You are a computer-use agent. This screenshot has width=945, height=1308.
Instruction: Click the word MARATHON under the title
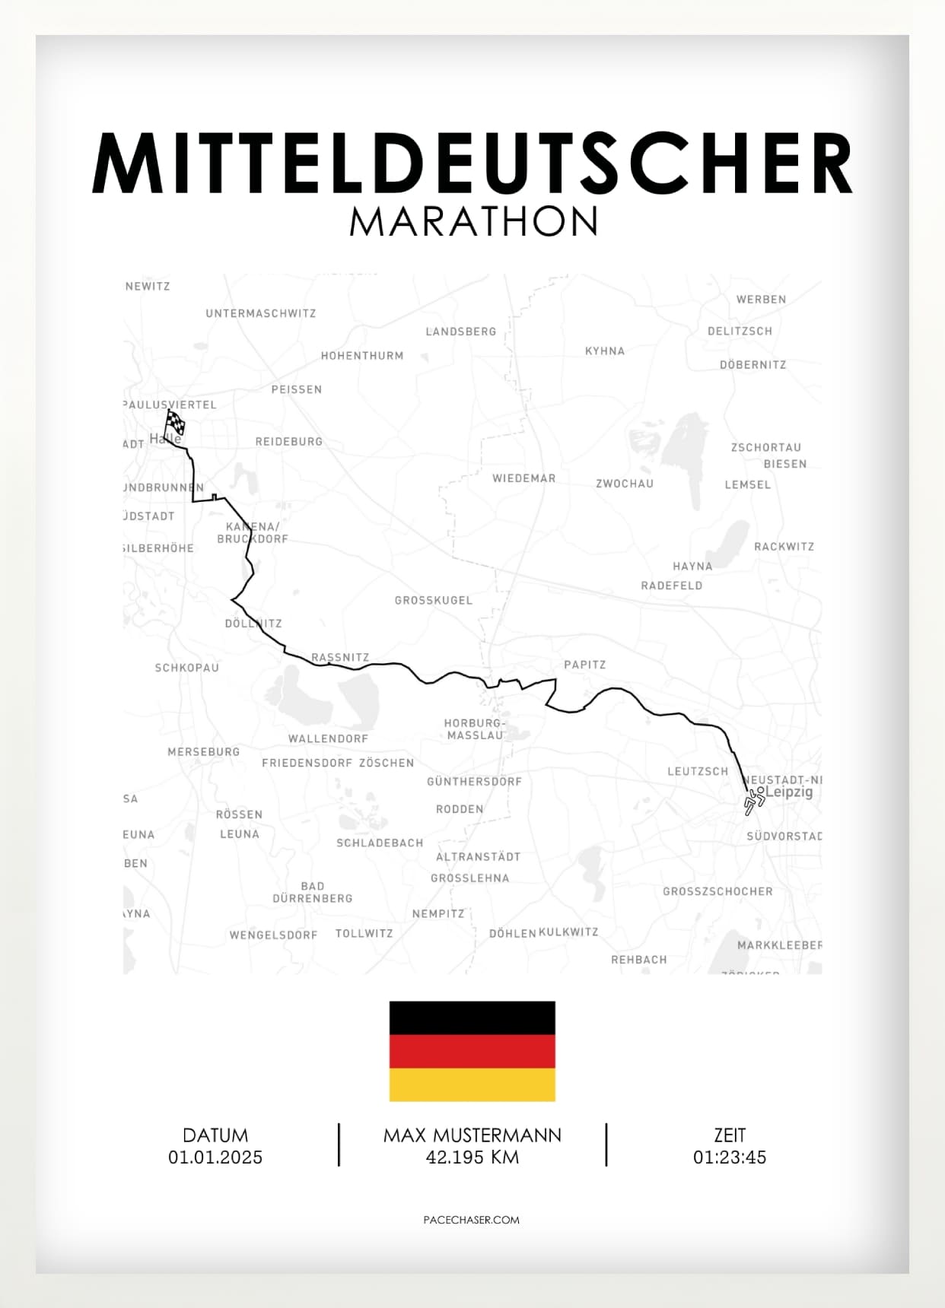[x=473, y=221]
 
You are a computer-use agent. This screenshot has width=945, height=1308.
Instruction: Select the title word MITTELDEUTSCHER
[x=473, y=163]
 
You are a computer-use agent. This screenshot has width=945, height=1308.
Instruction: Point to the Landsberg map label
[x=460, y=332]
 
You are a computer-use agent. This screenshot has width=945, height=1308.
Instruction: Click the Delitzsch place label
[x=740, y=331]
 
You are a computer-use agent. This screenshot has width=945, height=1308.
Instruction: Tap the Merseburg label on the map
[x=203, y=751]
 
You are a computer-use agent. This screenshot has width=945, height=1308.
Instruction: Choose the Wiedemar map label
[x=523, y=478]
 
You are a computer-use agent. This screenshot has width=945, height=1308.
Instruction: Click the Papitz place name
[x=584, y=665]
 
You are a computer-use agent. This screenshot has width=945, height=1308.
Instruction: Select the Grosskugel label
[x=433, y=600]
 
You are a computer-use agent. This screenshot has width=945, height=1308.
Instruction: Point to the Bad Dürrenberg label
[x=313, y=892]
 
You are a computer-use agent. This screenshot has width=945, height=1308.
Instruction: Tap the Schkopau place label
[x=186, y=668]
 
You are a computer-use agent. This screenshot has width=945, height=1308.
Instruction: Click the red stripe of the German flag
[x=472, y=1051]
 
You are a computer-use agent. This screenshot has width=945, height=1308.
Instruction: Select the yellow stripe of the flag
[x=472, y=1084]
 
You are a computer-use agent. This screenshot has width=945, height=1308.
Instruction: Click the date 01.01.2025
[x=215, y=1157]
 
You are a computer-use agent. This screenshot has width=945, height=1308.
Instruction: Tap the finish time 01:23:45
[x=729, y=1157]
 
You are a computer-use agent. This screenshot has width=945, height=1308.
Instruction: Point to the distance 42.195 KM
[x=473, y=1157]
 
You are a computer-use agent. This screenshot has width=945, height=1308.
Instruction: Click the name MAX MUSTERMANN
[x=473, y=1135]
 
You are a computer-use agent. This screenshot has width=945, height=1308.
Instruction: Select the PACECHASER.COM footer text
[x=472, y=1220]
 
